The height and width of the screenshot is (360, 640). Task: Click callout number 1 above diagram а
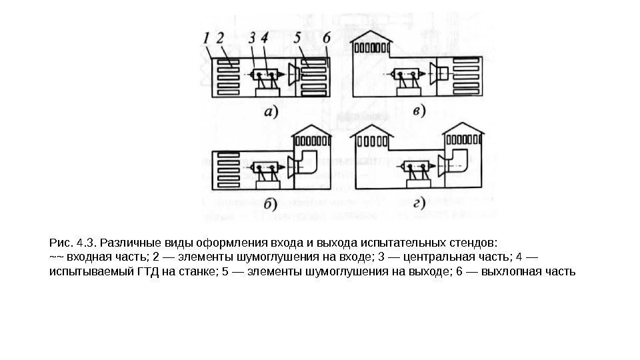[207, 39]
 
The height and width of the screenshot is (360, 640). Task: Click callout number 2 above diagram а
[219, 39]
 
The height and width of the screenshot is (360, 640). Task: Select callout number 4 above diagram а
[265, 39]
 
